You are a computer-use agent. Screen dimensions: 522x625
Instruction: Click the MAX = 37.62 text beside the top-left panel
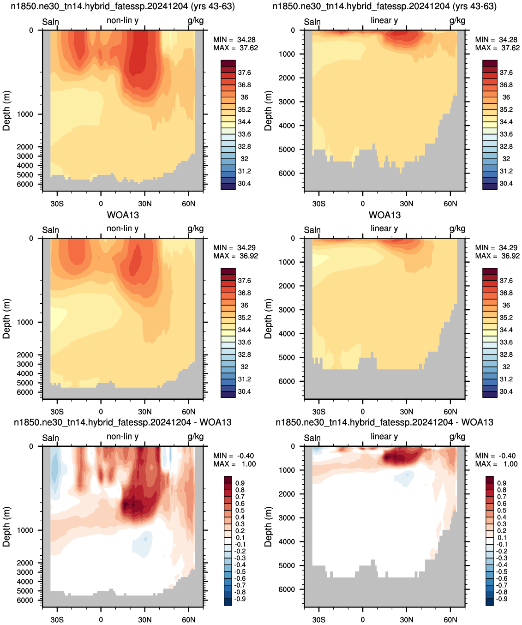click(235, 48)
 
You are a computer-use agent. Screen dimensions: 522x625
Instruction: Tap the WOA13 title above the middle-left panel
click(123, 215)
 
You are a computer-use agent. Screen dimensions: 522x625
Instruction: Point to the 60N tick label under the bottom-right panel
click(450, 619)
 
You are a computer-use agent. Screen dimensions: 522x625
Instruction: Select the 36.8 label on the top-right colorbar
click(506, 85)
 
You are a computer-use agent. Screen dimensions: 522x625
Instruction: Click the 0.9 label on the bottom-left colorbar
click(240, 483)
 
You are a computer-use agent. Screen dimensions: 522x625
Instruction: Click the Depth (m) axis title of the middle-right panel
click(268, 319)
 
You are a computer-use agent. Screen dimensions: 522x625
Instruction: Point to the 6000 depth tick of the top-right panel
click(287, 173)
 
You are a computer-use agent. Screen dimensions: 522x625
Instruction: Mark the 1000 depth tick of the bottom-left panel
click(25, 530)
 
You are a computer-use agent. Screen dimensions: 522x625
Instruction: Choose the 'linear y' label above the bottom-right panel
click(384, 437)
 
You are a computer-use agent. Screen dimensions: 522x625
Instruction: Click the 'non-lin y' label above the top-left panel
click(122, 20)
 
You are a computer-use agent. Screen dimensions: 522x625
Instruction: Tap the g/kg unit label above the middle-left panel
click(195, 228)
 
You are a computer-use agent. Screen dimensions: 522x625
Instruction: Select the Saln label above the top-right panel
click(312, 22)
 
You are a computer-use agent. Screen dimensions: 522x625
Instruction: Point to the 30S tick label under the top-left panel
click(57, 204)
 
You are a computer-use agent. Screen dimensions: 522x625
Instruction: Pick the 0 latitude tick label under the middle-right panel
click(362, 412)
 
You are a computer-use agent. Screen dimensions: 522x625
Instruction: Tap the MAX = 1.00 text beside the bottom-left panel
click(234, 464)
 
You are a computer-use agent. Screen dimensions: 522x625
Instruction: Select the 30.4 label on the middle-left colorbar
click(244, 391)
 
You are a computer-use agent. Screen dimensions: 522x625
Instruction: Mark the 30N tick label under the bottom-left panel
click(144, 619)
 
